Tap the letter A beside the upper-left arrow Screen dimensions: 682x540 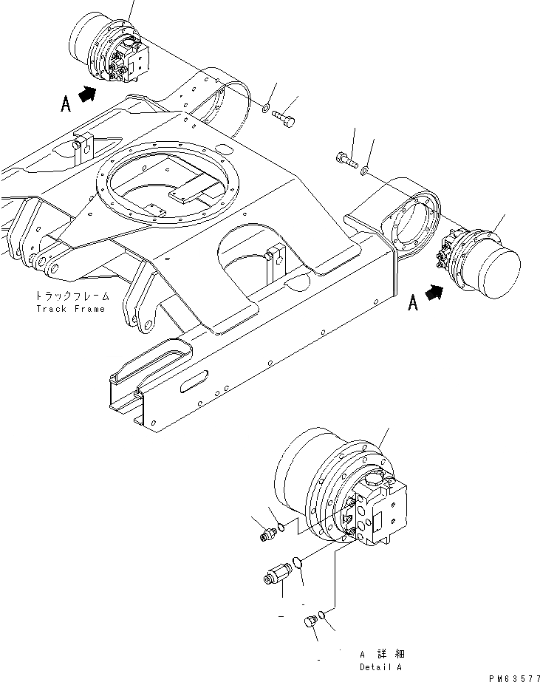tap(66, 104)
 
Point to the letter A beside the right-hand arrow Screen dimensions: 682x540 tap(414, 303)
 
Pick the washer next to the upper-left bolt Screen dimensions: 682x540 tap(265, 110)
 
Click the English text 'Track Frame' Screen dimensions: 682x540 tap(71, 308)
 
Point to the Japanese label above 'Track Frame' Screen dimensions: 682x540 tap(71, 296)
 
